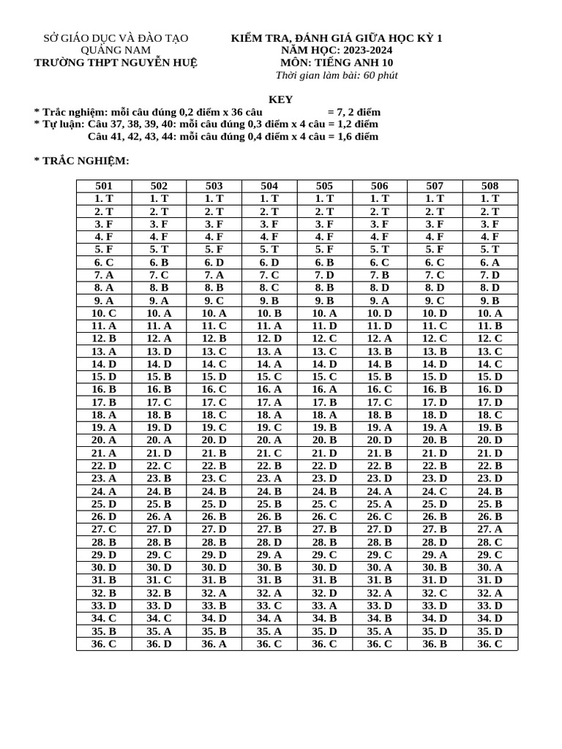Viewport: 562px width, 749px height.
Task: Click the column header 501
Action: pos(104,186)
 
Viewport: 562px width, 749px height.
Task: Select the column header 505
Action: pos(324,186)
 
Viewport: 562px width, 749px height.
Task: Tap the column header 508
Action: pos(490,186)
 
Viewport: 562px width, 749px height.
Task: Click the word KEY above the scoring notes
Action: pos(281,99)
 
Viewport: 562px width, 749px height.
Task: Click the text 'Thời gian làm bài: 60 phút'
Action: pos(337,75)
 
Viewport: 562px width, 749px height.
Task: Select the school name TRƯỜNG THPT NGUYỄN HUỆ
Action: pos(116,62)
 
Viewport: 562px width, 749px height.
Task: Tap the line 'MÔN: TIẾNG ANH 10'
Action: pos(337,62)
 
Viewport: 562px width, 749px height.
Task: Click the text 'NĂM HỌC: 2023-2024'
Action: pos(337,50)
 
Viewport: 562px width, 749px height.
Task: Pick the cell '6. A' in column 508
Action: pos(490,263)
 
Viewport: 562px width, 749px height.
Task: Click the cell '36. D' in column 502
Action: pos(159,644)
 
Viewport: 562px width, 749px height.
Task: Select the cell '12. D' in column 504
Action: pos(269,339)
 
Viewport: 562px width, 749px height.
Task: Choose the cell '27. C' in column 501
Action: pos(104,529)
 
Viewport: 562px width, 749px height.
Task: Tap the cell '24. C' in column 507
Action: pos(435,491)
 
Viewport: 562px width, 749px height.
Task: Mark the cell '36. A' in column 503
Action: pos(214,644)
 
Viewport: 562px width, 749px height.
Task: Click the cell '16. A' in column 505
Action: pos(324,389)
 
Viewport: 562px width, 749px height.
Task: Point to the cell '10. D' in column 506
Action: pos(380,313)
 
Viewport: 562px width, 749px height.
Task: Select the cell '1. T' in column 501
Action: pos(104,198)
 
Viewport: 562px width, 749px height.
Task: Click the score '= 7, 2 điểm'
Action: pos(354,112)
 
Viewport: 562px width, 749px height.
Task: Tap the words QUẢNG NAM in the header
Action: pos(116,50)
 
